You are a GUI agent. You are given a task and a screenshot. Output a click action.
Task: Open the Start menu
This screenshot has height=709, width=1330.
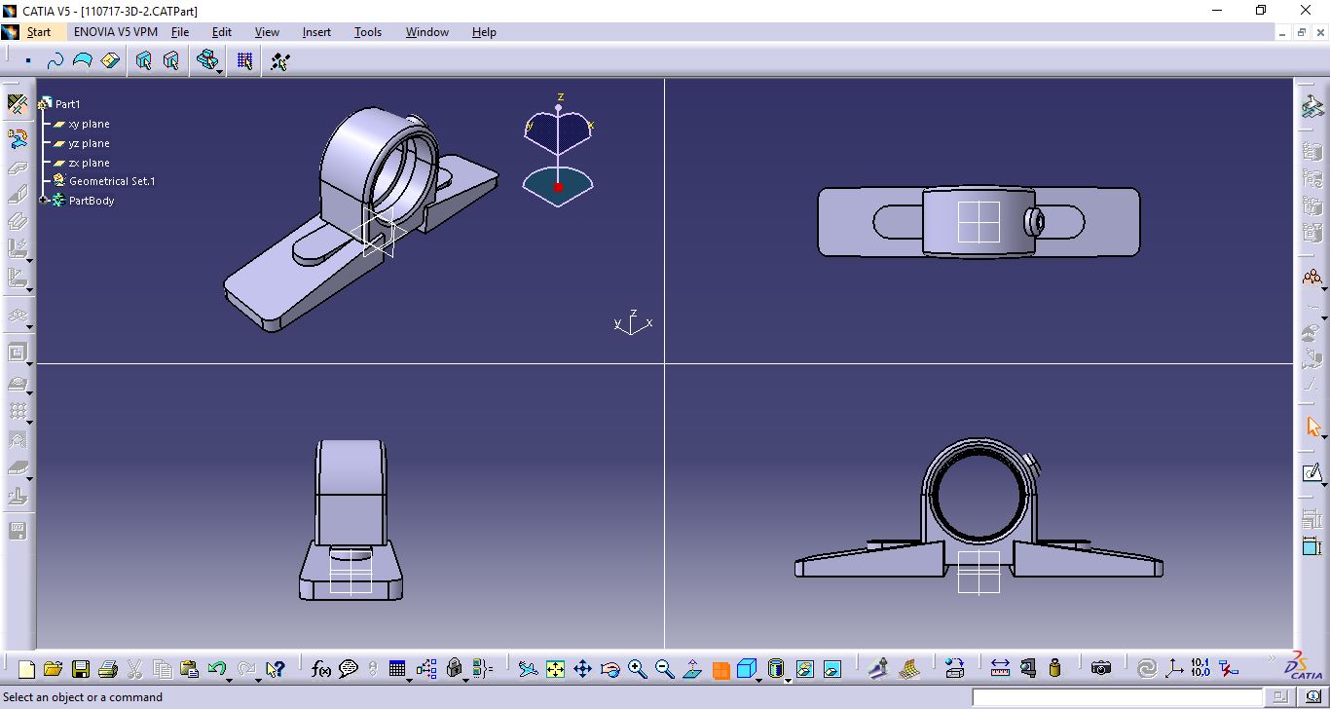39,32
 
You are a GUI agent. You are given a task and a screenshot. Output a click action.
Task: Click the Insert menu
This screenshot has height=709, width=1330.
316,32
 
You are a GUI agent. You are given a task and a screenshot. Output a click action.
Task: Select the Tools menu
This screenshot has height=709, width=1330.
368,32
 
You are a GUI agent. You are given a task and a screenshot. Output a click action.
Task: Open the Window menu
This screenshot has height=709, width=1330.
427,32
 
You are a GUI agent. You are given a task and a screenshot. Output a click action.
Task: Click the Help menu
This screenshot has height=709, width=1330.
484,32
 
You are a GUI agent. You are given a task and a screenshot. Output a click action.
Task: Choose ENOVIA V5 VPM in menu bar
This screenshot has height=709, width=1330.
116,32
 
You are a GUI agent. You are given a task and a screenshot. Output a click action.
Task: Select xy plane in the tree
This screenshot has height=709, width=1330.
89,125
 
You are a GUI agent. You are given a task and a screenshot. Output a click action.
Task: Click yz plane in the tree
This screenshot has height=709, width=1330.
89,144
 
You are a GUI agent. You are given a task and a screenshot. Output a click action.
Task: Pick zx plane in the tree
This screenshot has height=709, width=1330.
89,164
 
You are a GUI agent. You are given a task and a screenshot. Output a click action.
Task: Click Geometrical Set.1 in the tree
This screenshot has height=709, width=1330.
112,182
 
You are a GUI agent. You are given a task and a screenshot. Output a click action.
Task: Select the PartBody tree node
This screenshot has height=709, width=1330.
92,202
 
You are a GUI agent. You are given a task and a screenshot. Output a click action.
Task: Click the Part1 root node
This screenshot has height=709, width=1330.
67,104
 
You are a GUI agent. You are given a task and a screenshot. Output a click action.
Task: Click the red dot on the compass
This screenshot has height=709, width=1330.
558,187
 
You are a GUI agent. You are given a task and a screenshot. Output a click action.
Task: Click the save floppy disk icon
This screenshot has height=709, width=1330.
81,669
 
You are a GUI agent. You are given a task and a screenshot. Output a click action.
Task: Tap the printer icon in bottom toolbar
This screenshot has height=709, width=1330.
108,669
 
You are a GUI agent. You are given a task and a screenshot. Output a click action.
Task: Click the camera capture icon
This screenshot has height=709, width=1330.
1101,669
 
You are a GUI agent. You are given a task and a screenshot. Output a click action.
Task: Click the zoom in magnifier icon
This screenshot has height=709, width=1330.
638,669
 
